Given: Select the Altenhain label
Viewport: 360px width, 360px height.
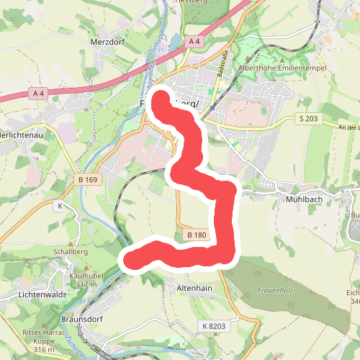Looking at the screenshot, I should (195, 287).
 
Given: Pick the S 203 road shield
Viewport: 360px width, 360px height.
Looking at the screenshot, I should (309, 117).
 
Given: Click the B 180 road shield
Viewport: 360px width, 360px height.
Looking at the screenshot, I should (196, 235).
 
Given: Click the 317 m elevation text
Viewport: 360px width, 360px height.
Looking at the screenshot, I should (85, 284).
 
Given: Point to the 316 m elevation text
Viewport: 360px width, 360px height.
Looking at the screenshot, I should (43, 349).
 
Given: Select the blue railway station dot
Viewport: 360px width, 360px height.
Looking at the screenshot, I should (212, 108).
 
